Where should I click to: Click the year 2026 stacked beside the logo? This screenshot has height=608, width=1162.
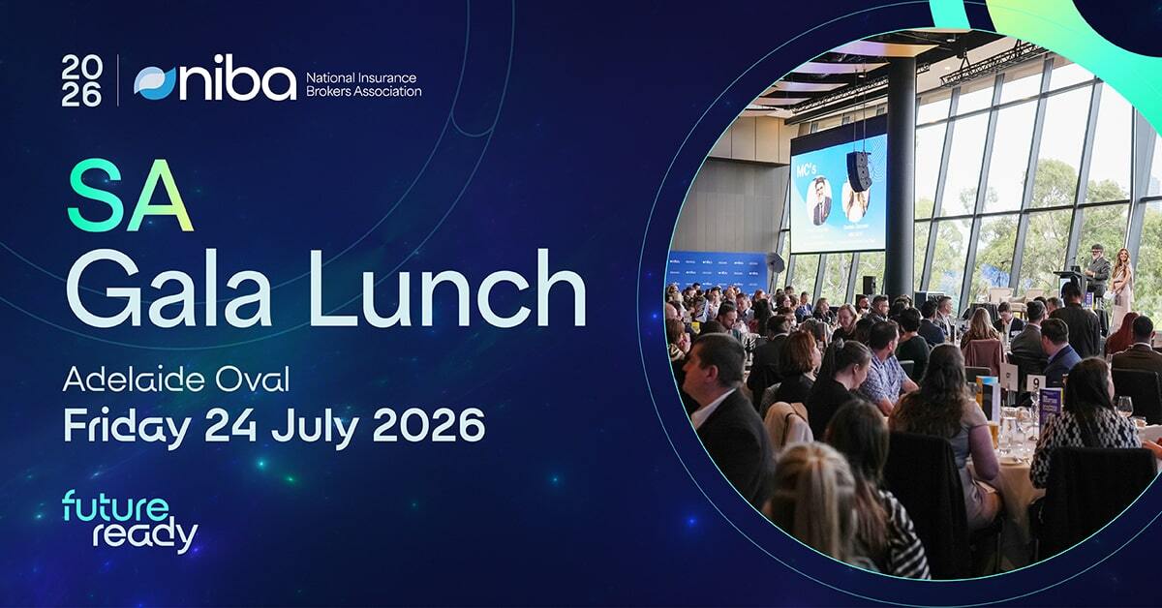[81, 80]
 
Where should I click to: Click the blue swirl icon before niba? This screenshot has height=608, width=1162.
[156, 82]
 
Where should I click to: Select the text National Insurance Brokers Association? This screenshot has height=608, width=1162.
[362, 82]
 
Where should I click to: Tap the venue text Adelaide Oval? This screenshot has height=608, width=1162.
[175, 380]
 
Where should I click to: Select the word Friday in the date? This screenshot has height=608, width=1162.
[126, 424]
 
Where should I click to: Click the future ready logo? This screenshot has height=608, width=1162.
[130, 521]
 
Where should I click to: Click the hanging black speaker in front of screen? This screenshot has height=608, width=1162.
[859, 170]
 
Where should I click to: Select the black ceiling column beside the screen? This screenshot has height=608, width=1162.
[902, 174]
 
